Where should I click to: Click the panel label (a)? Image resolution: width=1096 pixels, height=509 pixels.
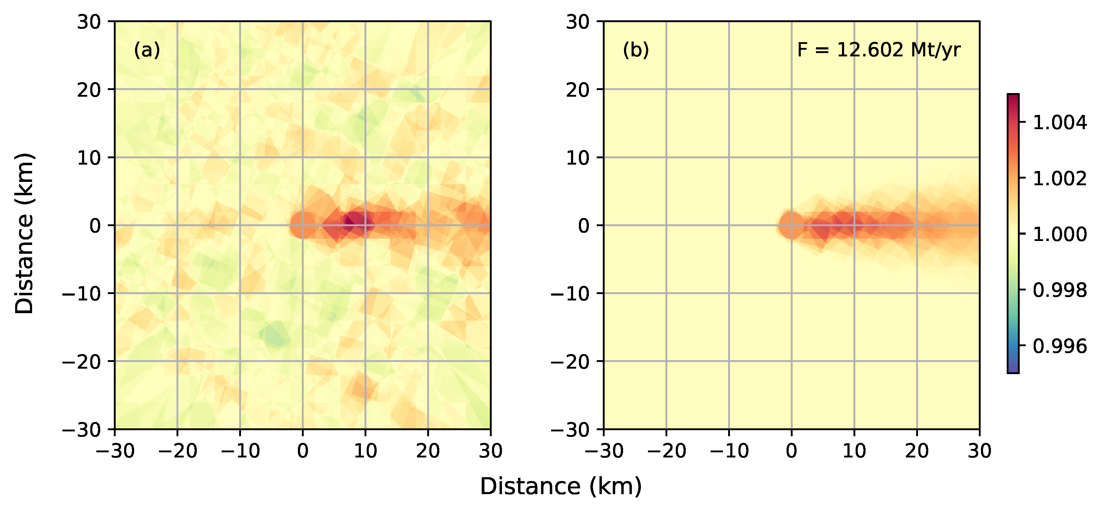point(147,50)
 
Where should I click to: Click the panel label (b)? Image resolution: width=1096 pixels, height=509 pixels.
point(635,50)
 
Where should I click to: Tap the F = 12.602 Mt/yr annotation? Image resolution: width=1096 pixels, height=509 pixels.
point(879,50)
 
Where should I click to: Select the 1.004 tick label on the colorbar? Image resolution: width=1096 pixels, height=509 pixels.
point(1059,123)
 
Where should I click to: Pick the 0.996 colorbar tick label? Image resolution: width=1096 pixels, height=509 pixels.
point(1059,346)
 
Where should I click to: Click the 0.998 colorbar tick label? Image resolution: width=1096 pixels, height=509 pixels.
point(1059,290)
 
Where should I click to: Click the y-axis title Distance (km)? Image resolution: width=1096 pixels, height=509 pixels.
point(24,233)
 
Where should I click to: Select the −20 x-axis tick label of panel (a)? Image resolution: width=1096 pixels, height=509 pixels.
point(177,451)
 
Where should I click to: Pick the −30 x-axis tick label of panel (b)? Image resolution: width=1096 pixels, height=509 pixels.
point(604,451)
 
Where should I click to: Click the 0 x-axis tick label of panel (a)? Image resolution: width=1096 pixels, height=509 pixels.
point(302,451)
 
